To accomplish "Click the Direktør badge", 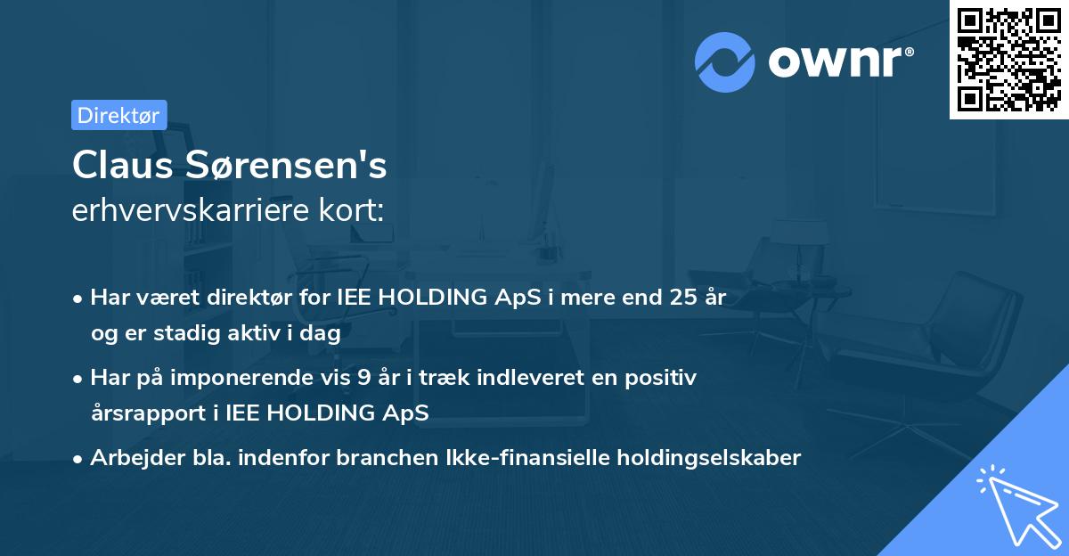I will (118, 115).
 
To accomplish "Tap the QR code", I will (1009, 60).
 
